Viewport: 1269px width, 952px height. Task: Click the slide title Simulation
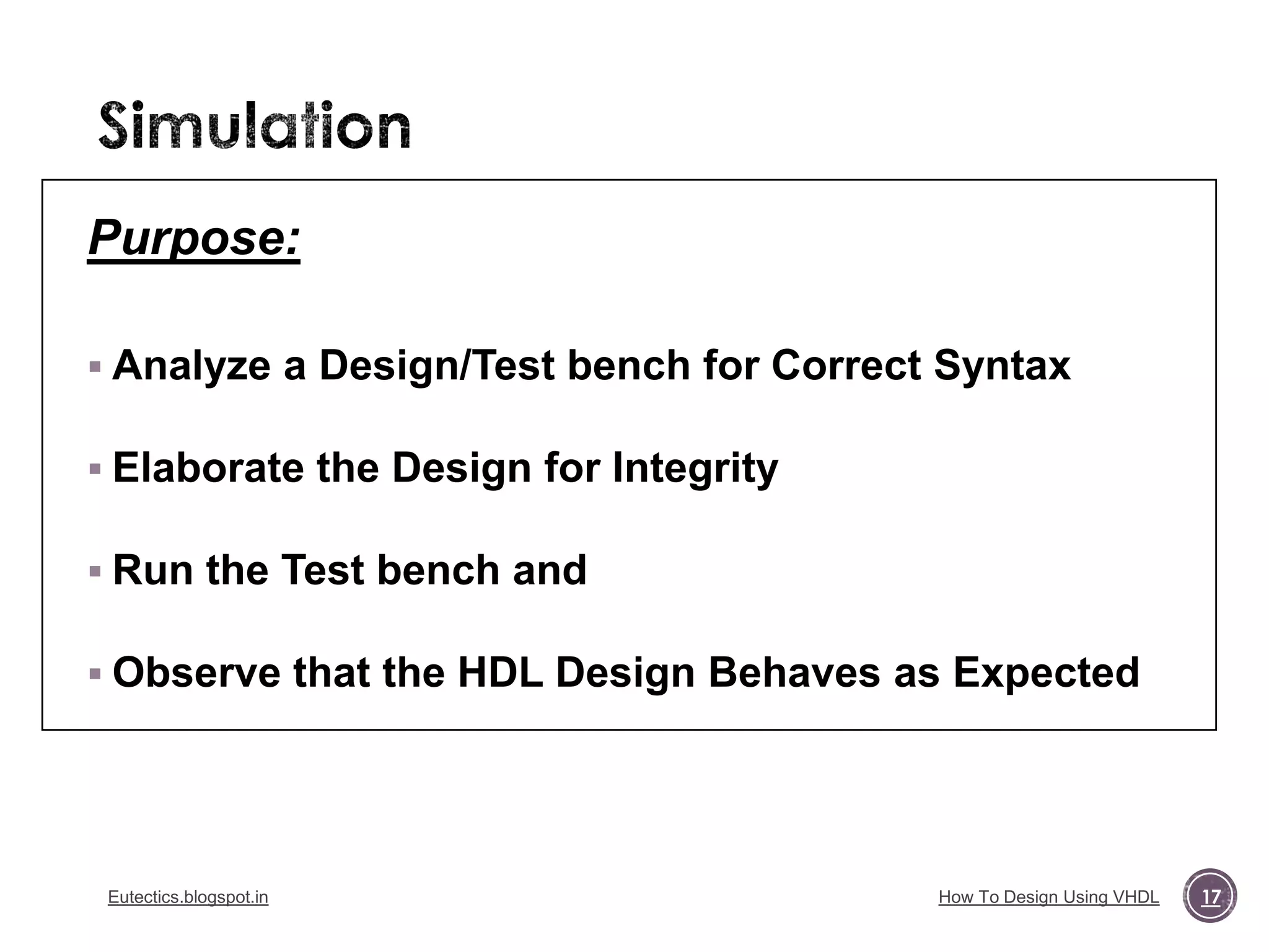point(254,126)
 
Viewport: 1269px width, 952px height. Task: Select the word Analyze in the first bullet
point(191,366)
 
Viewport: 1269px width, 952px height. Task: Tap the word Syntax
point(1002,366)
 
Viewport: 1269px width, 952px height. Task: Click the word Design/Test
point(436,366)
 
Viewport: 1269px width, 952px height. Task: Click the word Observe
point(196,673)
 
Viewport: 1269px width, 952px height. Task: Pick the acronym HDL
point(500,673)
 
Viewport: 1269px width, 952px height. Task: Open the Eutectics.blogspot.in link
point(188,897)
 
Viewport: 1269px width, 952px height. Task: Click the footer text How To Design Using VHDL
point(1048,897)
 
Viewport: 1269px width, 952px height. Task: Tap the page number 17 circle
point(1210,896)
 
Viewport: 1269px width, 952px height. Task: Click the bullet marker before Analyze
point(95,367)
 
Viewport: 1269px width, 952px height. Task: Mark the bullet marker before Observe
point(95,674)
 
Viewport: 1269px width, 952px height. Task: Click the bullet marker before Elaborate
point(95,469)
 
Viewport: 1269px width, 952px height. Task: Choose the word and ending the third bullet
point(549,570)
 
